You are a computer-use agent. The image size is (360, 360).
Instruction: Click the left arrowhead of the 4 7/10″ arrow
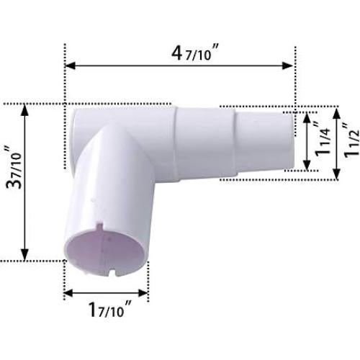69,66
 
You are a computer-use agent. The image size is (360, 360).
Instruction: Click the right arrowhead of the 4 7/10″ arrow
291,66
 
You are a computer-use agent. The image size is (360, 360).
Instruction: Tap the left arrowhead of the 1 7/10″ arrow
68,293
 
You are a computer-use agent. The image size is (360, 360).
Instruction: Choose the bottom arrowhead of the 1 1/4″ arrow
307,168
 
